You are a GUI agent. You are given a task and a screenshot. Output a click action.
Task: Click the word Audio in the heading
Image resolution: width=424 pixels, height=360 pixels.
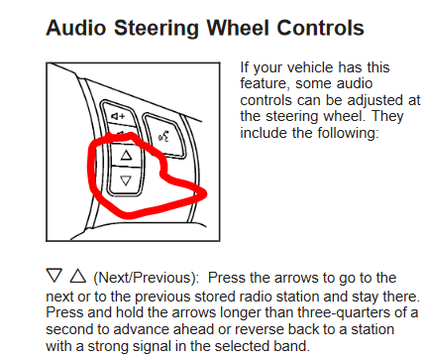76,28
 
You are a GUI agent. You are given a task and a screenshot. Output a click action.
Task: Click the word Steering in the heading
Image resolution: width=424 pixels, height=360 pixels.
157,29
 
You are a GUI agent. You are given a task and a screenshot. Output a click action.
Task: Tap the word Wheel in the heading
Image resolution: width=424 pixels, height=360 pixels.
238,28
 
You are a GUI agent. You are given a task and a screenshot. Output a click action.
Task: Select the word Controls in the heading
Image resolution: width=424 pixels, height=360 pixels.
320,28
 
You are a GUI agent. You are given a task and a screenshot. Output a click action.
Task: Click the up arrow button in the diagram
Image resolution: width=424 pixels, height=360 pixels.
126,155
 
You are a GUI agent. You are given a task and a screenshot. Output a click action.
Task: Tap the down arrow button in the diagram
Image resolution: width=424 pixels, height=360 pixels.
126,180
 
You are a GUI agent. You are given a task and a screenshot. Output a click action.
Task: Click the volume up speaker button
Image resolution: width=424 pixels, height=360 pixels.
119,116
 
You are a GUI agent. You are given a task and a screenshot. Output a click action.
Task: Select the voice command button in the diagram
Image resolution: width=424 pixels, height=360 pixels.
164,136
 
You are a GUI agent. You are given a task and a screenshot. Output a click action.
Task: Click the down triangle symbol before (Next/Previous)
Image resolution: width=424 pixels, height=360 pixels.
54,276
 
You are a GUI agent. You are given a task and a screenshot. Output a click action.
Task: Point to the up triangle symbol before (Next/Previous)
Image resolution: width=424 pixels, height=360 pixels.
78,276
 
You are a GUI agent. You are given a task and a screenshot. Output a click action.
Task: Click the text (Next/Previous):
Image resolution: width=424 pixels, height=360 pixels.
147,278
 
